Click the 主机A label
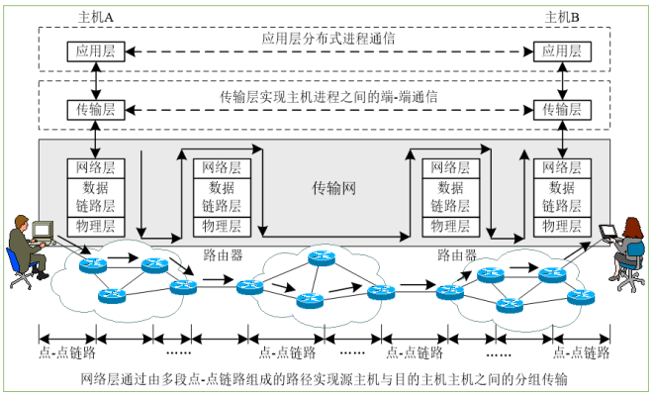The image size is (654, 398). (x=96, y=17)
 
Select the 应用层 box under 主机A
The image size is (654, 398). (x=92, y=50)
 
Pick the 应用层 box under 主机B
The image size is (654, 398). (x=558, y=50)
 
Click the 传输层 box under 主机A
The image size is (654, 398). (x=92, y=108)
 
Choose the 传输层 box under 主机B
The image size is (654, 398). (x=558, y=108)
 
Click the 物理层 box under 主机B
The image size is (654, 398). (x=558, y=226)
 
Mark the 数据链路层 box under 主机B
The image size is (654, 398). (x=558, y=197)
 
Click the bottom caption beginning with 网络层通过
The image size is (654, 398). (x=327, y=379)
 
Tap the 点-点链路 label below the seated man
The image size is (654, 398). (x=66, y=352)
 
